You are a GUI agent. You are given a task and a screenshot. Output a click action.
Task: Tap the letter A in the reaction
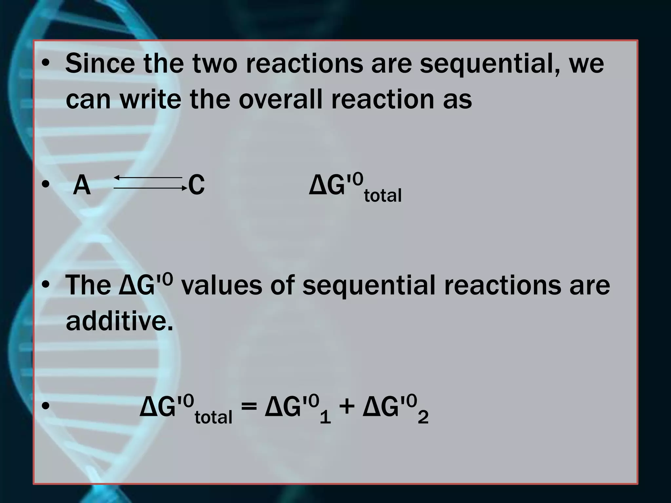coord(82,185)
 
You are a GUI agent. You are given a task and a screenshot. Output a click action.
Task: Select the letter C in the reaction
coord(197,185)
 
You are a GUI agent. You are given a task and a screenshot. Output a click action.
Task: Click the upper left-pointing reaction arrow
coord(148,177)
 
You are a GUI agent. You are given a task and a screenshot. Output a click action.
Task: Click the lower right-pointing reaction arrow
coord(150,188)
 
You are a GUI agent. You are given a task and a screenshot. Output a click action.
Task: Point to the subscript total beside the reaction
coord(383,196)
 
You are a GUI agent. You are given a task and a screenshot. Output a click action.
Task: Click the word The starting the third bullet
coord(88,285)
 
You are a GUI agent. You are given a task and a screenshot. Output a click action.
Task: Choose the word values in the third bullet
coord(221,285)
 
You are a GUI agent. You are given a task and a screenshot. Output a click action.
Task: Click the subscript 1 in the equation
coord(325,418)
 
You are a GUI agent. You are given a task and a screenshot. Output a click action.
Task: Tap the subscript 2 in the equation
coord(423,418)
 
